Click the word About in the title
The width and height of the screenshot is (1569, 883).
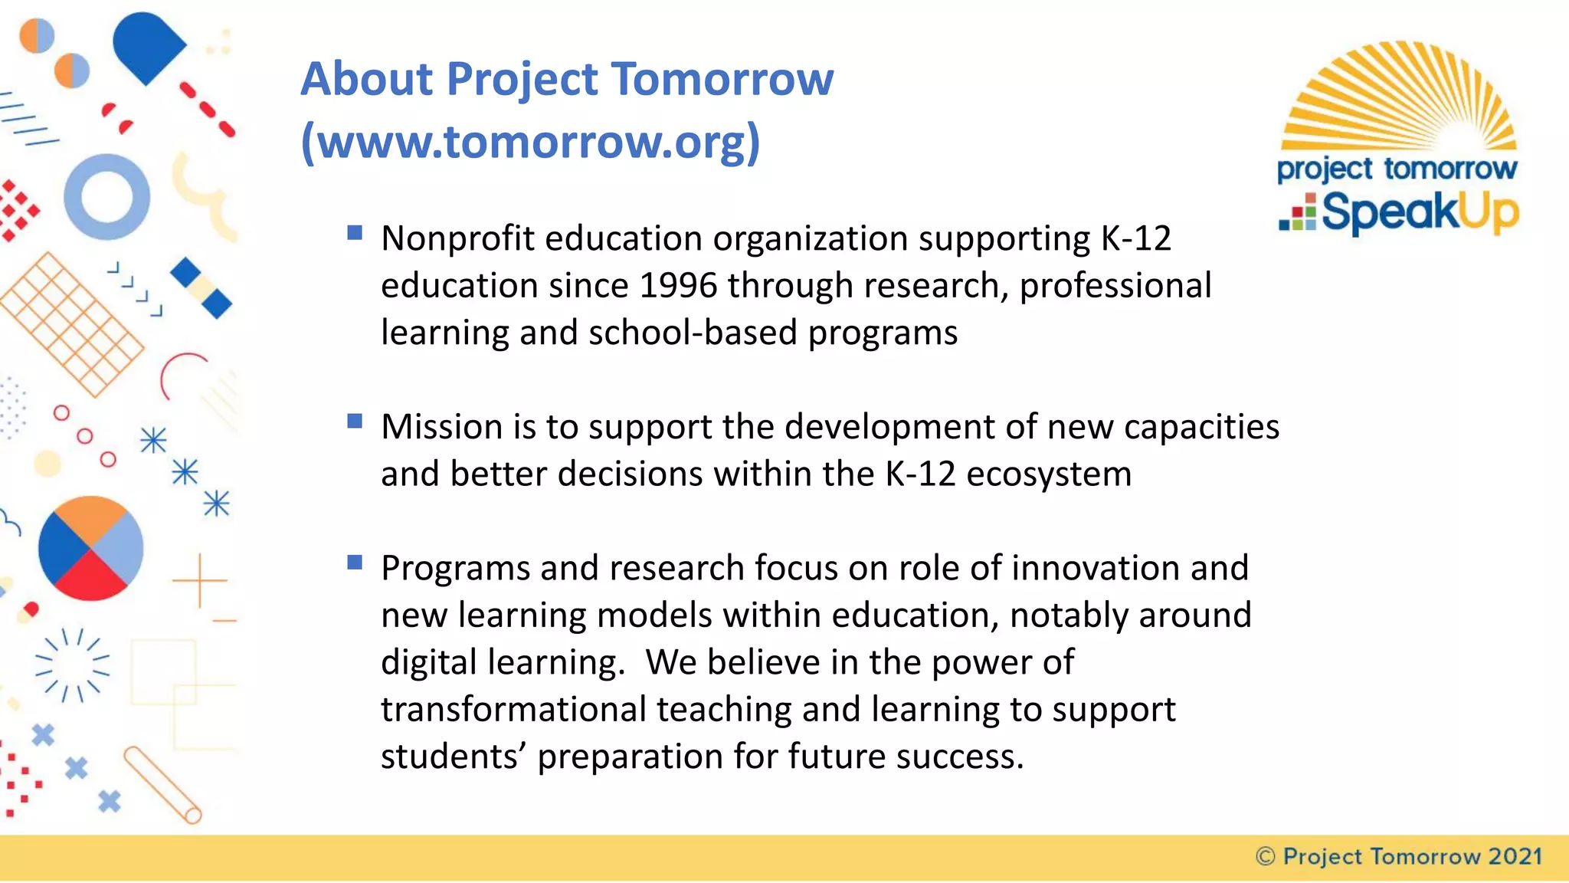[x=366, y=79]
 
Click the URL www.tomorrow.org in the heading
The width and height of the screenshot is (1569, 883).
[x=530, y=142]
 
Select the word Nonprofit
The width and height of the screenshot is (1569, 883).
[x=457, y=238]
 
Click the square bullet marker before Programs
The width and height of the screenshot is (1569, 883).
[x=354, y=563]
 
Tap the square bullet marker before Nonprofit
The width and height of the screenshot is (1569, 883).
[x=354, y=232]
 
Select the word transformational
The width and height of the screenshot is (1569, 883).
[x=513, y=710]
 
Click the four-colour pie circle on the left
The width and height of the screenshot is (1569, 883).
[x=90, y=549]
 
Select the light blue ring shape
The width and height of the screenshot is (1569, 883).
[x=106, y=197]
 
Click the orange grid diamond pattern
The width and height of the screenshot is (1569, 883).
[x=70, y=325]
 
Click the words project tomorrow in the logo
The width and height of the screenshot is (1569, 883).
[x=1396, y=169]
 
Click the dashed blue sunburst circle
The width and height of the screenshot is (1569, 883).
[x=73, y=665]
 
